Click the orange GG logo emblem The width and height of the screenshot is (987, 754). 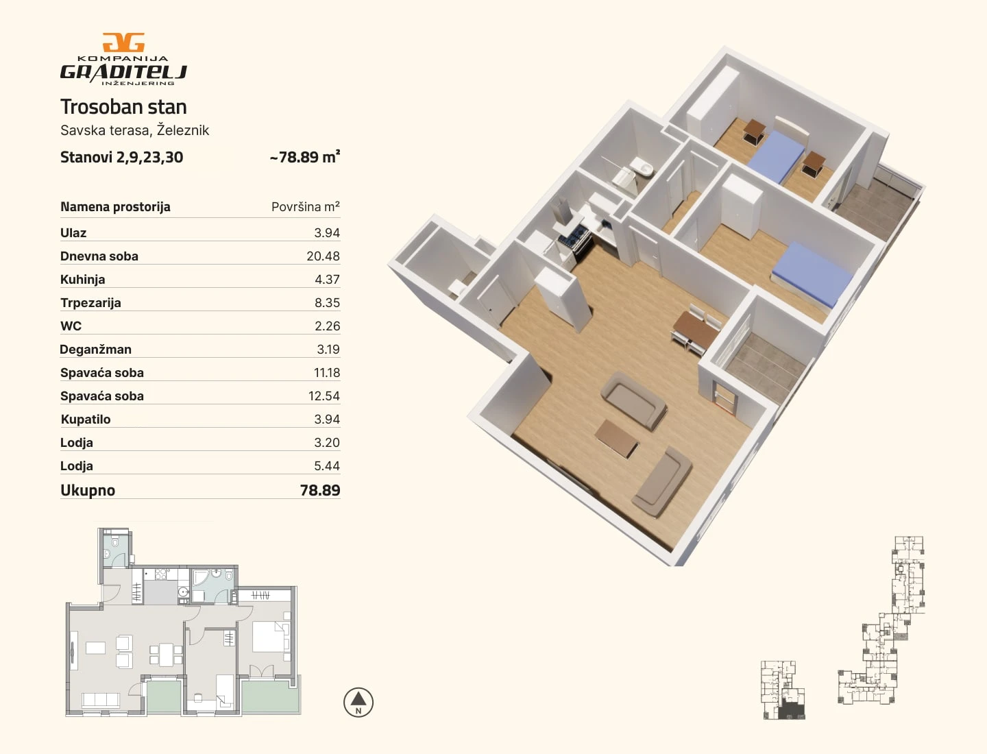click(123, 42)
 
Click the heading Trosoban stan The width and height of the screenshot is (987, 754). click(123, 107)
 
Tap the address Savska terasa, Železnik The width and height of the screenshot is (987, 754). click(134, 130)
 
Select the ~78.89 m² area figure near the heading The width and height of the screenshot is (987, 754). click(305, 157)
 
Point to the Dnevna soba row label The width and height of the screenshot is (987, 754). click(99, 256)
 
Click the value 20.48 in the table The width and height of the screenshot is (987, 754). click(324, 256)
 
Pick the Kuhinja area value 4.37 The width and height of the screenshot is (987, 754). click(327, 280)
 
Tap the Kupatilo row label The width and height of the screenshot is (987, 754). click(86, 419)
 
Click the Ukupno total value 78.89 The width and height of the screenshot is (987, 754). click(320, 490)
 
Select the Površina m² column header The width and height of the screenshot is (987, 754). click(305, 207)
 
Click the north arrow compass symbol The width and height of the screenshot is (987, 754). click(358, 703)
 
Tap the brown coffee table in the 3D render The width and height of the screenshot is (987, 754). click(616, 439)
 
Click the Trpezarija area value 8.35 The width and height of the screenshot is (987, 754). click(327, 303)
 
